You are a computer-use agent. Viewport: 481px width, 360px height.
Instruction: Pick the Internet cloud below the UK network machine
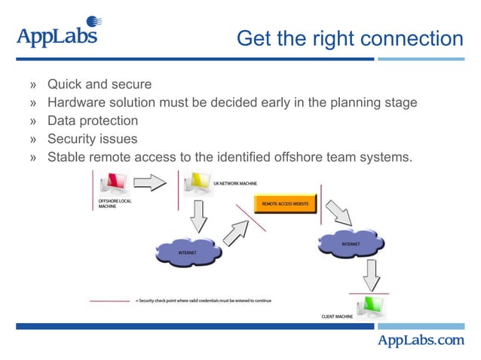188,252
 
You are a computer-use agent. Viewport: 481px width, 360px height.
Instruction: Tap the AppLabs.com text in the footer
421,340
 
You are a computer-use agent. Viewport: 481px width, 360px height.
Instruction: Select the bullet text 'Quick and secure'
100,84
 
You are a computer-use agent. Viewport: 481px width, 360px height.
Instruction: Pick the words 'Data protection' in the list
93,121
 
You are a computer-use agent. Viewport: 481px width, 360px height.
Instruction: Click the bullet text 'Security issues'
93,139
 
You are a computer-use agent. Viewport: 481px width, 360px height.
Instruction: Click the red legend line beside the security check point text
110,301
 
